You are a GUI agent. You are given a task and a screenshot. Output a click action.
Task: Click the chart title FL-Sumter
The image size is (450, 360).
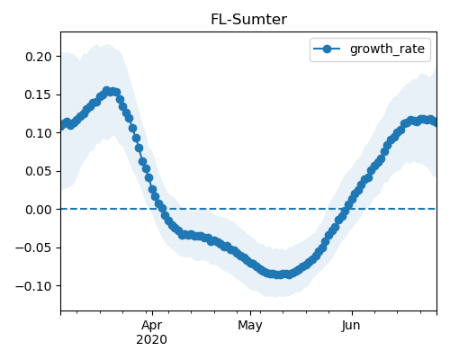(248, 20)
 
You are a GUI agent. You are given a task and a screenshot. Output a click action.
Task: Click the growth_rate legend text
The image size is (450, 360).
(387, 49)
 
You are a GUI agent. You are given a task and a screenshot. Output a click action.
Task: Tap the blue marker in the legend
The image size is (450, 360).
(327, 49)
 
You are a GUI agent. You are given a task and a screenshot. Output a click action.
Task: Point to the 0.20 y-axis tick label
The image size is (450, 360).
(39, 57)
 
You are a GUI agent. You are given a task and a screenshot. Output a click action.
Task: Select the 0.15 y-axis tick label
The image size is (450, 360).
(39, 94)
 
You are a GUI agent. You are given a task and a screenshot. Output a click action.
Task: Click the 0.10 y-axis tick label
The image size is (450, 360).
(39, 133)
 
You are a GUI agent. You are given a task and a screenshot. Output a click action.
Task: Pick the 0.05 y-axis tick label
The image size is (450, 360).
(39, 171)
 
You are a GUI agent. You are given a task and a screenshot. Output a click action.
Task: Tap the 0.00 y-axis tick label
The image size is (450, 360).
(39, 210)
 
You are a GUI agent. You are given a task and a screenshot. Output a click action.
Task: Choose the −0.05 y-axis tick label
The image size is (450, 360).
(34, 247)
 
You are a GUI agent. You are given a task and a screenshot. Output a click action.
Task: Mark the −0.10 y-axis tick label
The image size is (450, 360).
(34, 286)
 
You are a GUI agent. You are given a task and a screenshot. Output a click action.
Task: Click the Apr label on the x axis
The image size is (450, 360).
(152, 326)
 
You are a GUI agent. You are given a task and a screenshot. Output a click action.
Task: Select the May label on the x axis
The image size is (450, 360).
(250, 326)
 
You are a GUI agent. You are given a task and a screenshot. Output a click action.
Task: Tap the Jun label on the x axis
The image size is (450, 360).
(351, 326)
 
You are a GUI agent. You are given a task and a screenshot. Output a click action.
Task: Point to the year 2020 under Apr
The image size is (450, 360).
(151, 339)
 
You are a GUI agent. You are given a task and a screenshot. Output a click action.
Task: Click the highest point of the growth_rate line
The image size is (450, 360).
(107, 90)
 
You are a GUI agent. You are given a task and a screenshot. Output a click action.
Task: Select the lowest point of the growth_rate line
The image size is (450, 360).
(279, 274)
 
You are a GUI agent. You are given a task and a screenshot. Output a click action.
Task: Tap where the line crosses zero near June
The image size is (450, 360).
(346, 209)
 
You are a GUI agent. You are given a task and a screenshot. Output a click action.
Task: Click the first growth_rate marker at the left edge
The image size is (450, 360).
(62, 126)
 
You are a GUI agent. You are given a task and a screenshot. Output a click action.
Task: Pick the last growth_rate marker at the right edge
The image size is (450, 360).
(435, 122)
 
